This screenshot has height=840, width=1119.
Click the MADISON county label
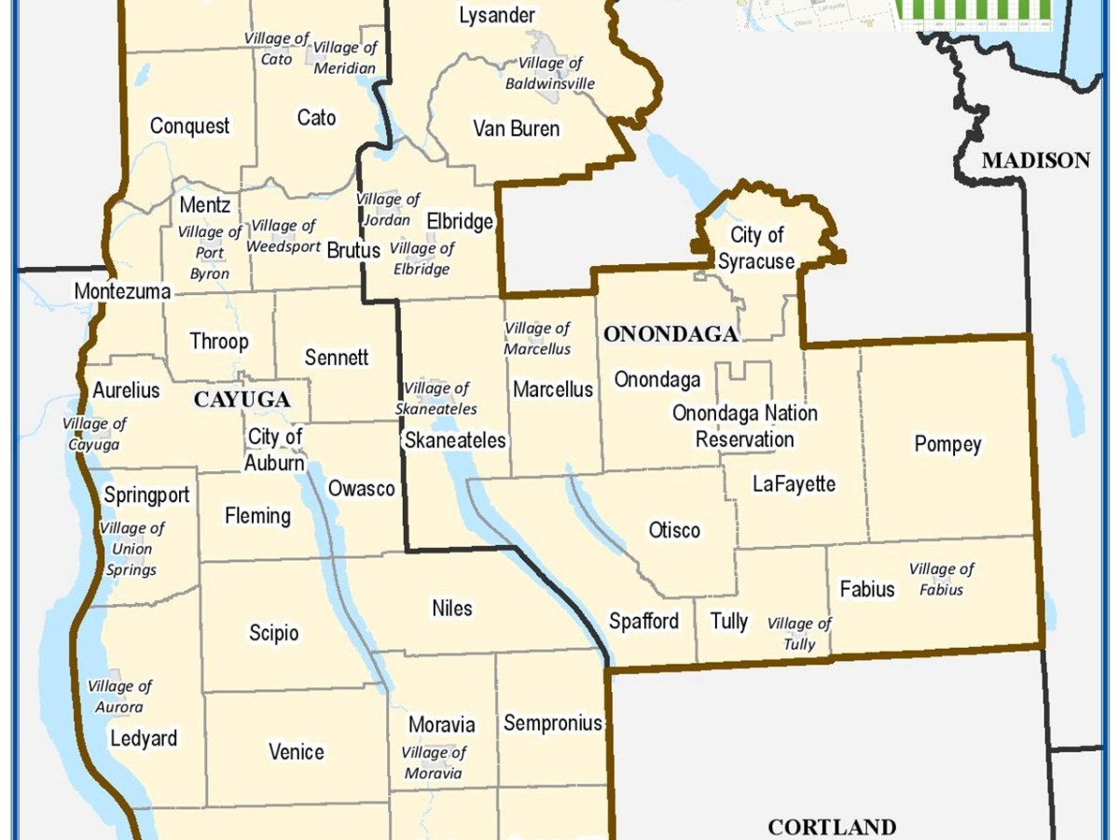tap(1035, 161)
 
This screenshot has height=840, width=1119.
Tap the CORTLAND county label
tap(832, 827)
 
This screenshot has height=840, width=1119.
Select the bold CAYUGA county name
tap(242, 400)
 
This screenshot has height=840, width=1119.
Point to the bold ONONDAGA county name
tap(670, 334)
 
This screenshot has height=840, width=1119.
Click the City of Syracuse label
tap(756, 248)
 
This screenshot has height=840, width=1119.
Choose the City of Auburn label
tap(275, 450)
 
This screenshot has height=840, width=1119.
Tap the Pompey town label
tap(947, 444)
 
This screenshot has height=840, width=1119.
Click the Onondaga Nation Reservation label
tap(745, 426)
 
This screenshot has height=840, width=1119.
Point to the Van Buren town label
tap(516, 128)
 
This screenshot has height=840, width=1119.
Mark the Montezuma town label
tap(122, 292)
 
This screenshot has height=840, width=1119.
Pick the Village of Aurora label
tap(119, 696)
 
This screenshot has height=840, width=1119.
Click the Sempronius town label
tap(552, 722)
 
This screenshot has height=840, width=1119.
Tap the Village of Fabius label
tap(941, 579)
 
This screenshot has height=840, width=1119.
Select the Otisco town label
tap(674, 530)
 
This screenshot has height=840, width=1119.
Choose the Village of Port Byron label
tap(209, 253)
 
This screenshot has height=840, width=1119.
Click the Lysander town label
tap(497, 15)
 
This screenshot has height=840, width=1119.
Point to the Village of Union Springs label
tap(131, 549)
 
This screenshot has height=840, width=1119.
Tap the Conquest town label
tap(189, 126)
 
